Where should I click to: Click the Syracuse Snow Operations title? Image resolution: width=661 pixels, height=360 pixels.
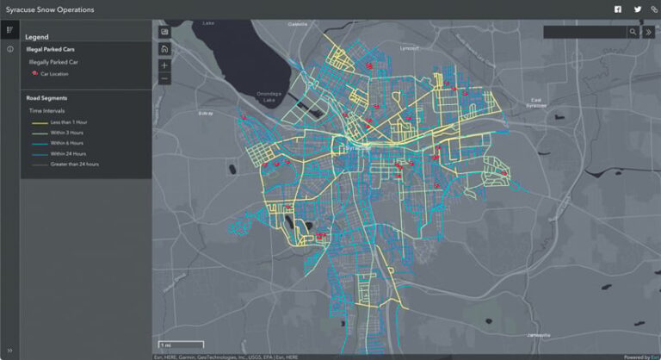pyautogui.click(x=50, y=9)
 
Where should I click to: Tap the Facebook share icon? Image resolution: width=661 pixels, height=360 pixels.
pyautogui.click(x=617, y=9)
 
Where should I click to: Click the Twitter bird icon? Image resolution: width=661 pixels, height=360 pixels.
pyautogui.click(x=638, y=9)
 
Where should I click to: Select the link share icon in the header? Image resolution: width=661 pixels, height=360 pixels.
pyautogui.click(x=653, y=9)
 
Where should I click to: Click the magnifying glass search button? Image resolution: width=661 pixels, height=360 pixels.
pyautogui.click(x=633, y=32)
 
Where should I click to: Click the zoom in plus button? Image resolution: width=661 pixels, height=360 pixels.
pyautogui.click(x=164, y=65)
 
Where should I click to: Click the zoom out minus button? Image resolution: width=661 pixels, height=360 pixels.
pyautogui.click(x=164, y=78)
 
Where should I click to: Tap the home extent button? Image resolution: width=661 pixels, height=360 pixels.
pyautogui.click(x=164, y=49)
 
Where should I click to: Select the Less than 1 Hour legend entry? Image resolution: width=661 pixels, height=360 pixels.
pyautogui.click(x=68, y=122)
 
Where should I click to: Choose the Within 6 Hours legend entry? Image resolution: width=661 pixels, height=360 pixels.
pyautogui.click(x=67, y=143)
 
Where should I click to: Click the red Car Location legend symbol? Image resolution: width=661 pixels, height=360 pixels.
pyautogui.click(x=34, y=74)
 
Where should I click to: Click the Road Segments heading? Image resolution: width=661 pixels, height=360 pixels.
pyautogui.click(x=47, y=97)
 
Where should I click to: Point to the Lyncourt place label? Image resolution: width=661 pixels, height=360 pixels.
pyautogui.click(x=411, y=49)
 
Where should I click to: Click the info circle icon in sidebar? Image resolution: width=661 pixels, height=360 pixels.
pyautogui.click(x=10, y=49)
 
